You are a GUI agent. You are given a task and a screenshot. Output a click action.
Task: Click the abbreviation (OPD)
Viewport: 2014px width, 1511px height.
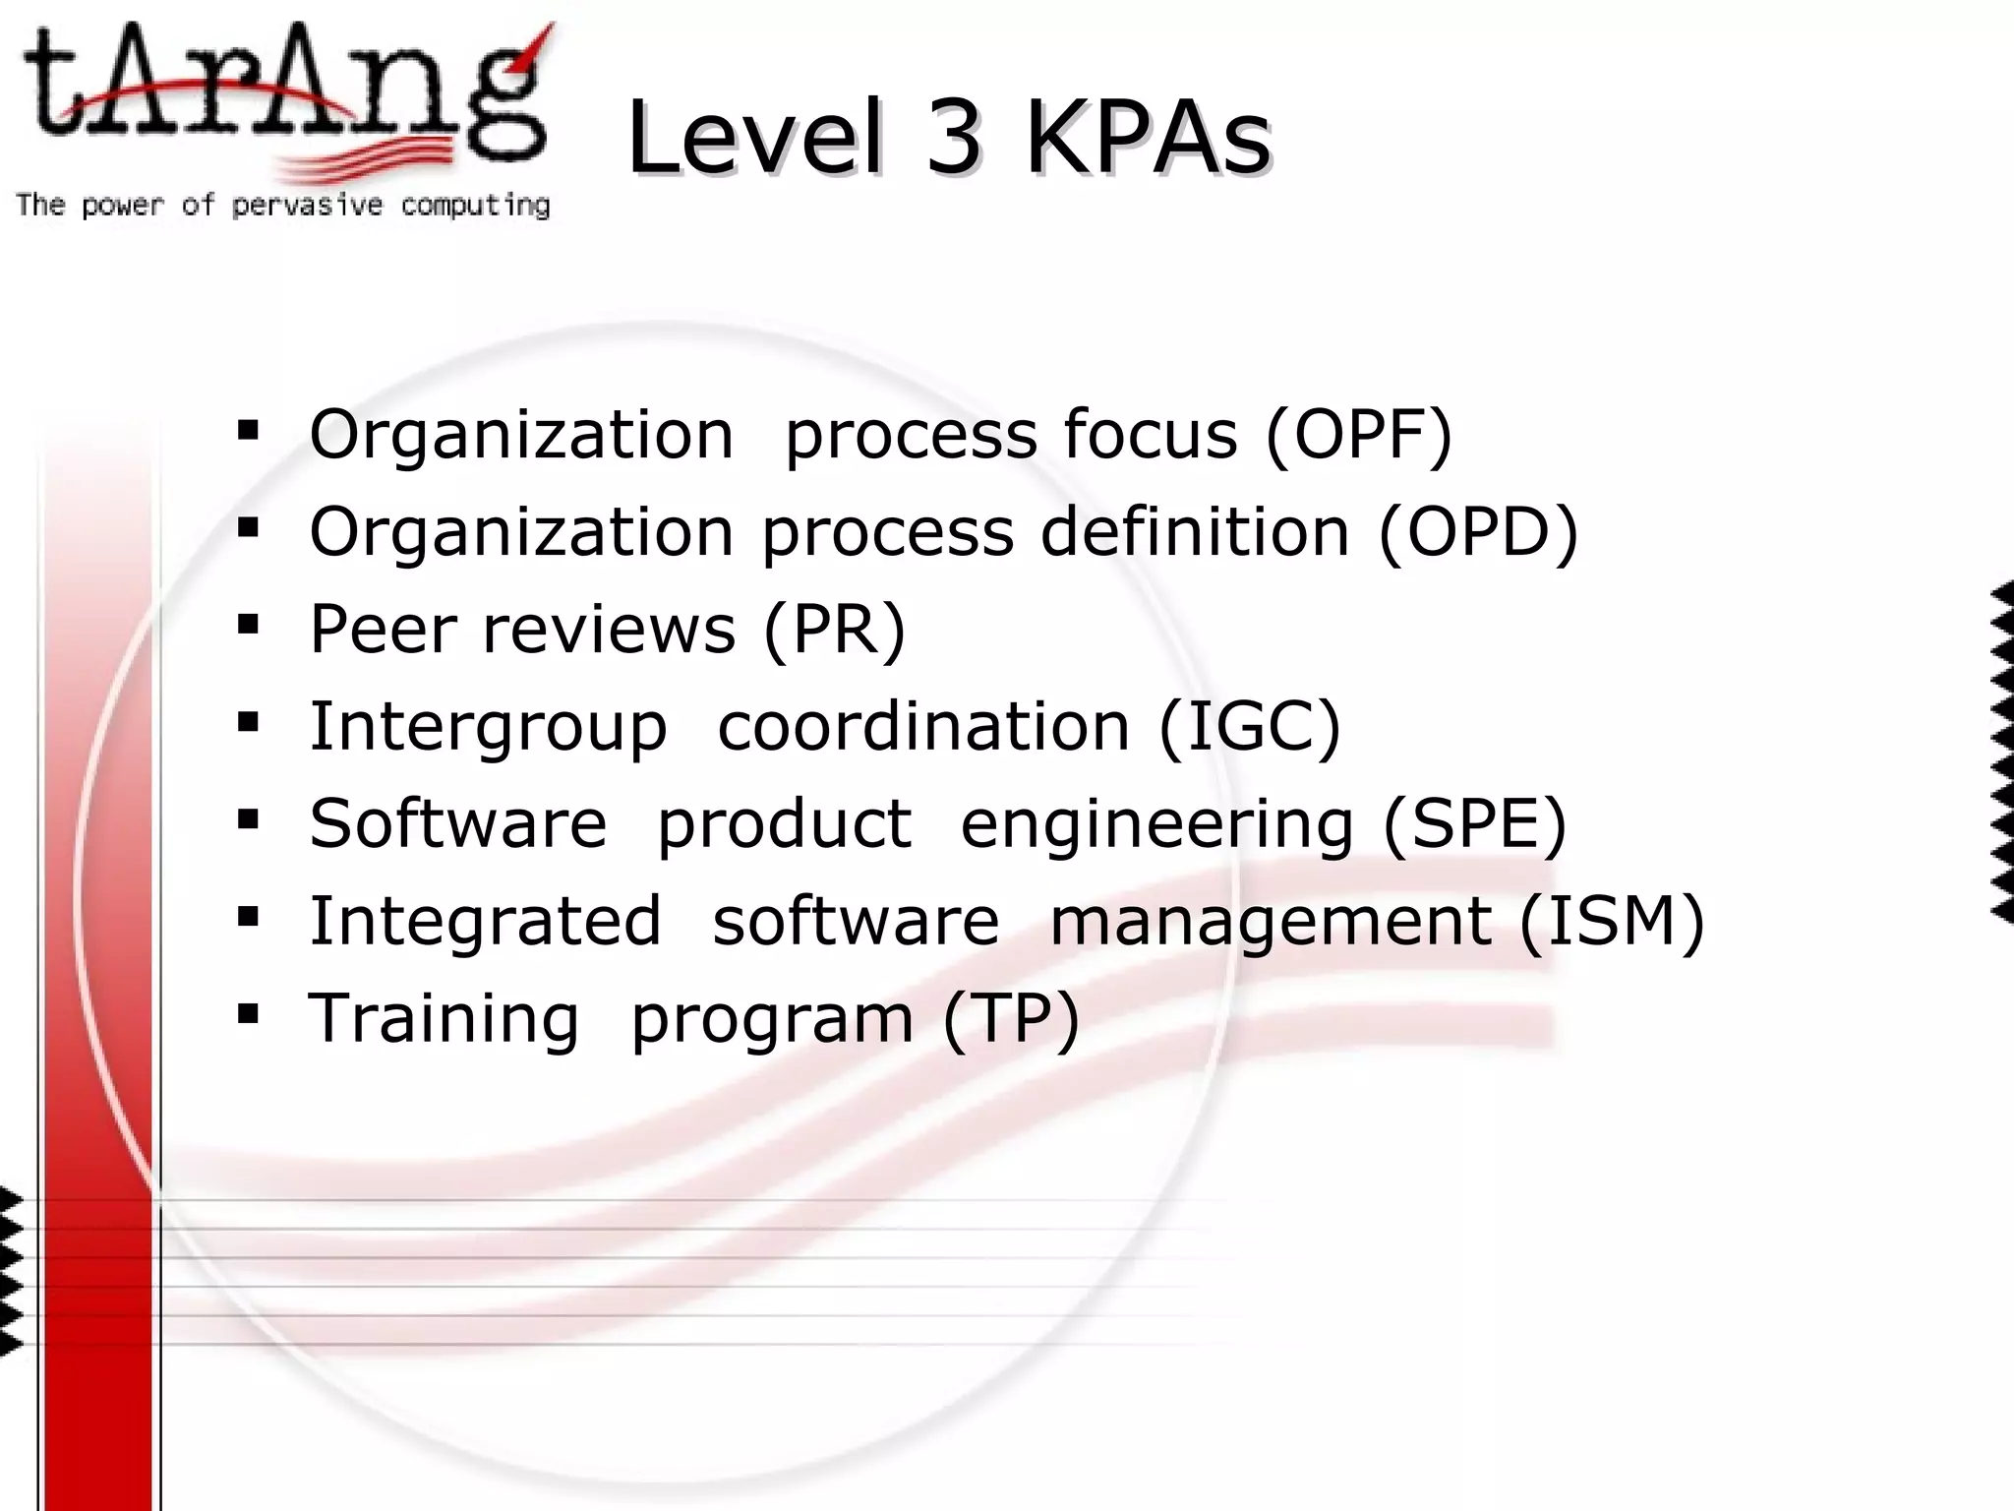coord(1478,531)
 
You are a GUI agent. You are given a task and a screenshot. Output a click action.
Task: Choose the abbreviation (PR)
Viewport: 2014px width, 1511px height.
coord(834,629)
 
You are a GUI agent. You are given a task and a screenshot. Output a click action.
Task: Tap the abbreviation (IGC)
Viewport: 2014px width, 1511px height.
coord(1250,726)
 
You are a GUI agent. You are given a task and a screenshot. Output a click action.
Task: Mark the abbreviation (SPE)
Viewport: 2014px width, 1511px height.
coord(1474,823)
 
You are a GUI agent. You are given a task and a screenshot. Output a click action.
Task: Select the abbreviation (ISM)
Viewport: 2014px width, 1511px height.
coord(1612,921)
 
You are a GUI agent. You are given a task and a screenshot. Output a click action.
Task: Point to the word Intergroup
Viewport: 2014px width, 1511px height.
coord(488,728)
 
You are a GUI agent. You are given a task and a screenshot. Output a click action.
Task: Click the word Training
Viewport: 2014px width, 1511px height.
coord(444,1019)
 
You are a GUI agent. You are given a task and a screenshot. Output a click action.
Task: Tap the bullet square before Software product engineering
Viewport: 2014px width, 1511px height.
coord(248,819)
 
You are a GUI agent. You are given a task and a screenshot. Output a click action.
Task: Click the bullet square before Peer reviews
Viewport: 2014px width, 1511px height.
coord(248,625)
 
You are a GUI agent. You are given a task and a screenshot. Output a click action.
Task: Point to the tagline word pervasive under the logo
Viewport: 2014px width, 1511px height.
coord(307,206)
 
